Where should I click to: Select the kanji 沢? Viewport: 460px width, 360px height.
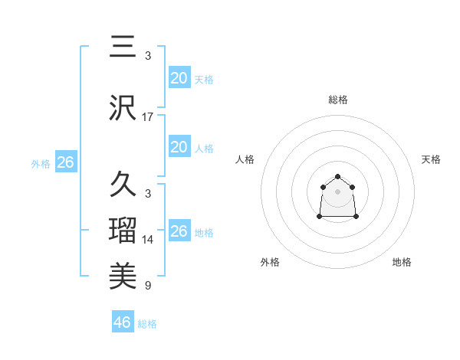tap(123, 107)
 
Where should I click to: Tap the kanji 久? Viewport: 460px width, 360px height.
tap(123, 184)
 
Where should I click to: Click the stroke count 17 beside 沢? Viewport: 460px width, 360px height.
tap(148, 117)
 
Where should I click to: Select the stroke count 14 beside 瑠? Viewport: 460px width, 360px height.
tap(148, 240)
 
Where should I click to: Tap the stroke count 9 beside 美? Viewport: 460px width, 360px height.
tap(148, 286)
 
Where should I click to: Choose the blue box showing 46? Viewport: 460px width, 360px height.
tap(123, 322)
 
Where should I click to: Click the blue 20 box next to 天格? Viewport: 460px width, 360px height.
tap(179, 78)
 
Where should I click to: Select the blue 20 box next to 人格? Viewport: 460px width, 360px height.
tap(179, 147)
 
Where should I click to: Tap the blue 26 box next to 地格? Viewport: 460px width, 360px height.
tap(179, 231)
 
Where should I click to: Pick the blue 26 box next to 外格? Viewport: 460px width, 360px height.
tap(65, 162)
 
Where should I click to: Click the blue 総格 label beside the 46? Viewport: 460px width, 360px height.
tap(147, 324)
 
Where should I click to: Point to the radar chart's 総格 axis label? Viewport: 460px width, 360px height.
tap(337, 100)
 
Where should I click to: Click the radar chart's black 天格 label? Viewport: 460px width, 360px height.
tap(431, 159)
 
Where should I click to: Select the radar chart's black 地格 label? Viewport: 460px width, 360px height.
tap(402, 262)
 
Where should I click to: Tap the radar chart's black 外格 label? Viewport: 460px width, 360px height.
tap(270, 262)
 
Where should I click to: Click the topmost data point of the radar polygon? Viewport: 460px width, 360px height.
tap(337, 177)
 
